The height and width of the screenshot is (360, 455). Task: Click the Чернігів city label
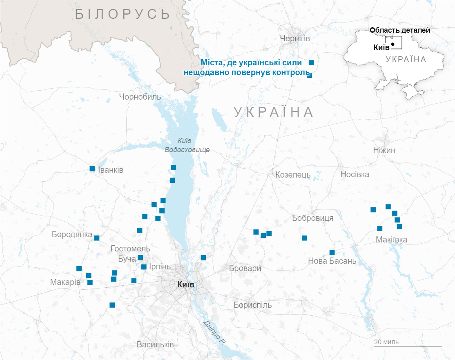click(x=294, y=38)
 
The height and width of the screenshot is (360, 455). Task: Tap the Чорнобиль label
click(x=140, y=97)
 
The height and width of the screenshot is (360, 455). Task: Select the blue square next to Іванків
click(x=92, y=169)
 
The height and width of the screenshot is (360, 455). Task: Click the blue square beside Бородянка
click(x=97, y=238)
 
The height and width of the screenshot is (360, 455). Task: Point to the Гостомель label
click(x=130, y=249)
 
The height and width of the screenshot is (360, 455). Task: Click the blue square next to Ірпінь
click(x=144, y=267)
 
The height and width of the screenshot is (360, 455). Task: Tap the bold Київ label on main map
click(x=186, y=284)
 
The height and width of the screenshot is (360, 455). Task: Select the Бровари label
click(x=245, y=269)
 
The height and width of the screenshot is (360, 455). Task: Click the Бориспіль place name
click(x=252, y=305)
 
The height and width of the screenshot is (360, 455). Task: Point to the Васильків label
click(x=155, y=344)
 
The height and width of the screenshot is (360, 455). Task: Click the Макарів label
click(x=65, y=282)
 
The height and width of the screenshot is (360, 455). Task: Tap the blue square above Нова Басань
click(x=332, y=252)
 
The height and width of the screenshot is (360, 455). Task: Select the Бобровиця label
click(x=312, y=218)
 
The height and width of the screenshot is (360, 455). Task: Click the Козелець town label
click(x=293, y=175)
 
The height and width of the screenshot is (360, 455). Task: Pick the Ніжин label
click(x=384, y=150)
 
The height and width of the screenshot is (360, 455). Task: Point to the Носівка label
click(x=355, y=175)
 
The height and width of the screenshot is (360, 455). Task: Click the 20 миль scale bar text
click(x=386, y=342)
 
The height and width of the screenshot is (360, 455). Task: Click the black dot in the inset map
click(x=393, y=44)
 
